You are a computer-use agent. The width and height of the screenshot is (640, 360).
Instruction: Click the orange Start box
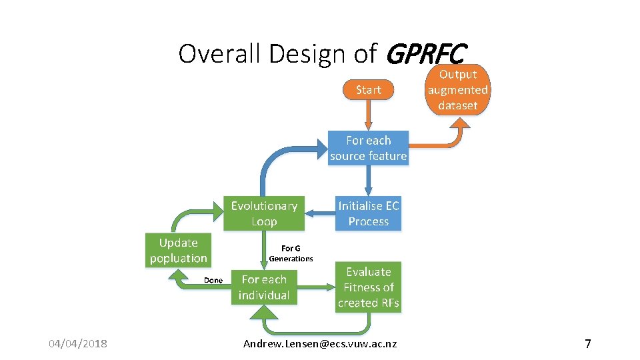pyautogui.click(x=368, y=90)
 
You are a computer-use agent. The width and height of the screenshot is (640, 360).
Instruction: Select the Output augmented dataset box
pyautogui.click(x=457, y=90)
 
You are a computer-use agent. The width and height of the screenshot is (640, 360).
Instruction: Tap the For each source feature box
pyautogui.click(x=368, y=148)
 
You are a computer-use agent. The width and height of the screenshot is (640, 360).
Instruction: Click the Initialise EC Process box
pyautogui.click(x=368, y=213)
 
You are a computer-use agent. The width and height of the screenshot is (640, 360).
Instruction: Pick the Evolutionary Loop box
pyautogui.click(x=264, y=213)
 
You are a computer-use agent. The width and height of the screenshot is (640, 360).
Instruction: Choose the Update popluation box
pyautogui.click(x=178, y=250)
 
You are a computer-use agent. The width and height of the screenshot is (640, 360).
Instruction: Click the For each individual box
pyautogui.click(x=264, y=287)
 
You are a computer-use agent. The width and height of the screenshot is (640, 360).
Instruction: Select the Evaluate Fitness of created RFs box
pyautogui.click(x=368, y=287)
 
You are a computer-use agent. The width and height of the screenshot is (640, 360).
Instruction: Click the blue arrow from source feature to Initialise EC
pyautogui.click(x=368, y=180)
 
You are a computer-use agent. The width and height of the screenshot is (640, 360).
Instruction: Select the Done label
pyautogui.click(x=213, y=281)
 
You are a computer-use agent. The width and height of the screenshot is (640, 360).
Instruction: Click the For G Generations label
pyautogui.click(x=291, y=253)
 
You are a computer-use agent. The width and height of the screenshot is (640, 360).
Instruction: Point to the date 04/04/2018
pyautogui.click(x=78, y=344)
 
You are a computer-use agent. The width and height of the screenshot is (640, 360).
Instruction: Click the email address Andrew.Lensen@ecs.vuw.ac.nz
pyautogui.click(x=320, y=344)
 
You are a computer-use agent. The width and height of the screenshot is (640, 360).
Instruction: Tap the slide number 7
pyautogui.click(x=587, y=344)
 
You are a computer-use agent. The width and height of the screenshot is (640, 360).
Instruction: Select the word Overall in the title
pyautogui.click(x=219, y=53)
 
